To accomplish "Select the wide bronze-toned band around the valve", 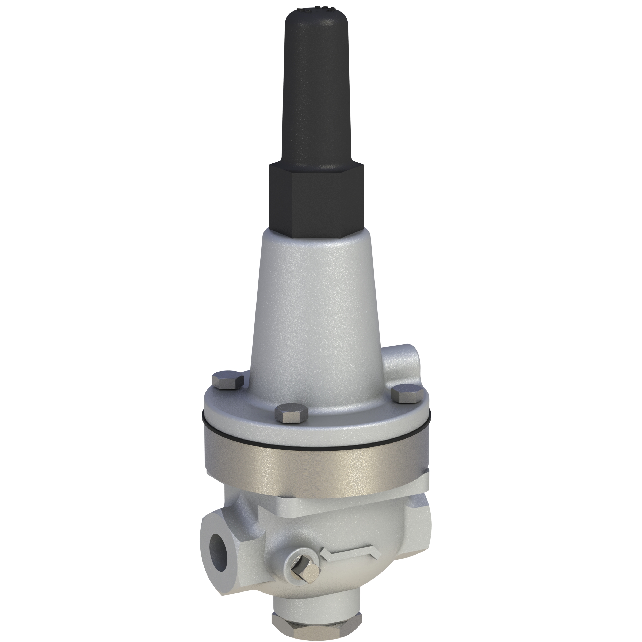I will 316,465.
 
